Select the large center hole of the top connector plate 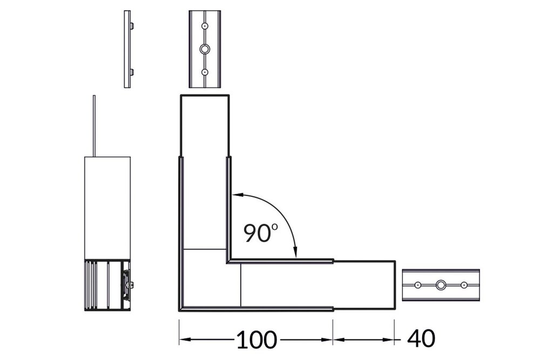(x=205, y=49)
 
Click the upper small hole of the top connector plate (x=205, y=25)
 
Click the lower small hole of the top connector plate (x=205, y=72)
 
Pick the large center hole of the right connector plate (x=441, y=284)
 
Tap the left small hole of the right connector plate (x=417, y=284)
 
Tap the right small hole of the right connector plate (x=463, y=284)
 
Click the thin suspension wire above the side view (x=94, y=127)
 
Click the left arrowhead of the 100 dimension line (x=182, y=339)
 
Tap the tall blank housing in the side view (x=107, y=208)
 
